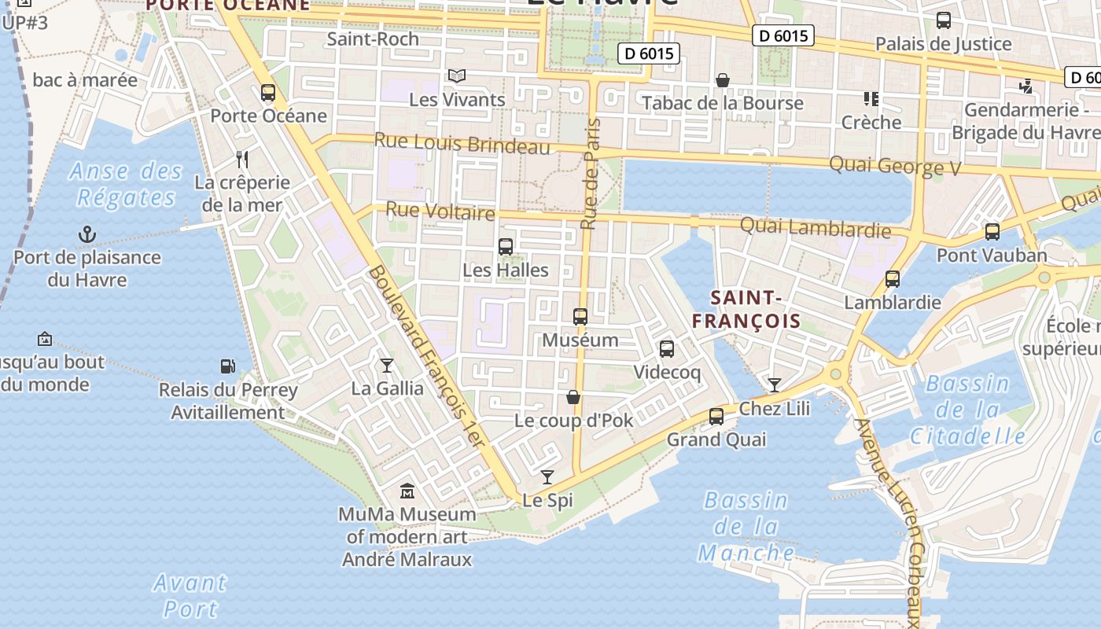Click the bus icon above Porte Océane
point(268,93)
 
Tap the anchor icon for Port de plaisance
point(87,234)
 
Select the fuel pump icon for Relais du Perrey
point(227,366)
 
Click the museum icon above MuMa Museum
point(407,491)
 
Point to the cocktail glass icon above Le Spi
point(547,476)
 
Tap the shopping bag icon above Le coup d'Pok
point(573,397)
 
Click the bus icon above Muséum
point(580,317)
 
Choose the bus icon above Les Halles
point(506,247)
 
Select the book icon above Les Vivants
point(457,76)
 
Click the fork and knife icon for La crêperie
point(242,160)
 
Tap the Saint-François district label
point(746,309)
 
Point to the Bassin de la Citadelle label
point(967,410)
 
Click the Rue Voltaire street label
point(440,211)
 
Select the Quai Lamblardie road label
point(816,228)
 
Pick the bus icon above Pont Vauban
point(992,232)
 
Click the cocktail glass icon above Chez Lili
point(775,384)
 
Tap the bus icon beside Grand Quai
point(716,417)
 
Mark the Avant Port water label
point(190,595)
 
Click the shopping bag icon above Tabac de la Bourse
point(723,80)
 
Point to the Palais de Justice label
point(943,43)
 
